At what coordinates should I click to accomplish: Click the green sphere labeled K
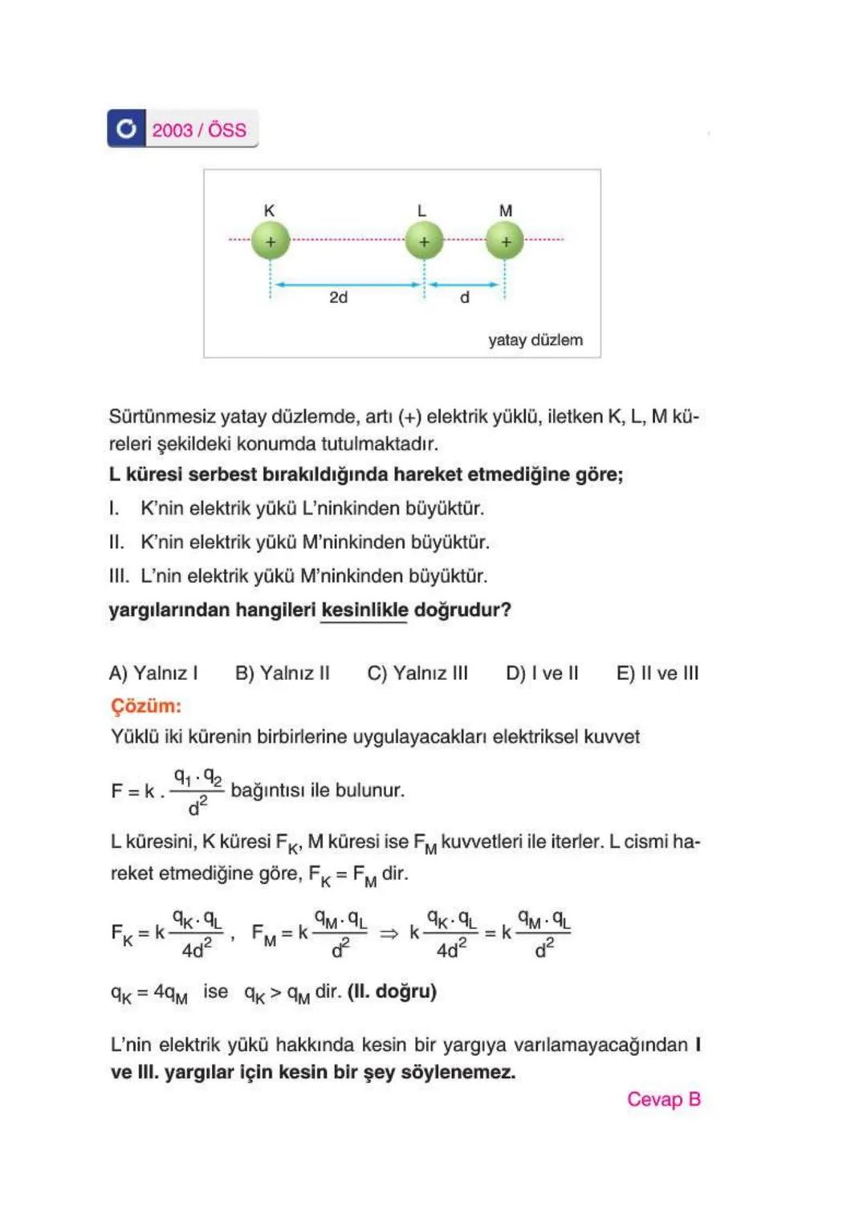271,241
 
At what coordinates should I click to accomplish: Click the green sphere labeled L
424,241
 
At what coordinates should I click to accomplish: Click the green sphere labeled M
505,241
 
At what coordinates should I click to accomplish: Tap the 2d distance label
339,298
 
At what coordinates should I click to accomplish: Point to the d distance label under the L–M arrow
464,298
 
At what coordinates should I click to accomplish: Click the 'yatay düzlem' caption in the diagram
535,340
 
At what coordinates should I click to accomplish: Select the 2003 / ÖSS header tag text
199,130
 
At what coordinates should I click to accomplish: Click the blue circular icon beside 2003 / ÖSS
126,128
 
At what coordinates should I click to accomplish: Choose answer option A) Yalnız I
153,673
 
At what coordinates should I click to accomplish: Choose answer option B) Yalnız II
282,673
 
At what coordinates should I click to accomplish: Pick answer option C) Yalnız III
417,673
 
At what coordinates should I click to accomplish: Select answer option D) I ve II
542,673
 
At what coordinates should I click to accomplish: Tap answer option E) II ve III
657,673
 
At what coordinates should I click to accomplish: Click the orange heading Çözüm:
146,706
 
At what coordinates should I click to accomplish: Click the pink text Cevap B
663,1099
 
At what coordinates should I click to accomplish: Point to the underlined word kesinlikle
364,610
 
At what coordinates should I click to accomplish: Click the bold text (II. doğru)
392,992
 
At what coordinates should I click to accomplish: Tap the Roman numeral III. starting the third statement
118,576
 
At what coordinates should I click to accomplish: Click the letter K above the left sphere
270,210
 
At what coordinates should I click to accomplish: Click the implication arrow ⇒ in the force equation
389,933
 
